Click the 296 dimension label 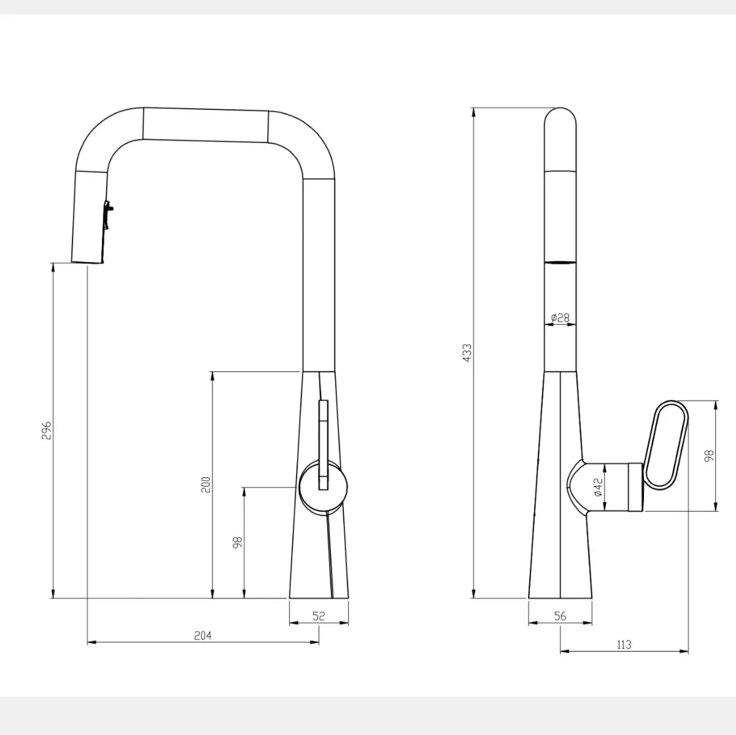[47, 430]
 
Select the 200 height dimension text [206, 485]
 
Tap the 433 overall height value [468, 353]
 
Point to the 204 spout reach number [203, 636]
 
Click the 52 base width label [319, 616]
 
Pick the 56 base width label [560, 617]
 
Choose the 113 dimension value [624, 645]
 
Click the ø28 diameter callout [560, 318]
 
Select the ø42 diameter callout [598, 487]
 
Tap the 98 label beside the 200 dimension [238, 542]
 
